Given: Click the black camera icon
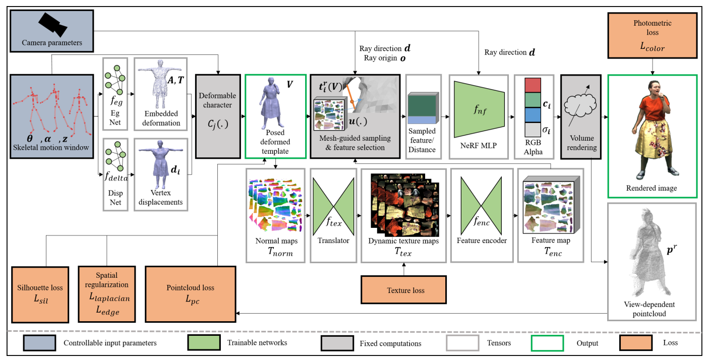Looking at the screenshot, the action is click(x=53, y=24).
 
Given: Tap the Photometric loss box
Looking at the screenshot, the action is click(x=653, y=35).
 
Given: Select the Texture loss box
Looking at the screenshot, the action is click(x=403, y=290).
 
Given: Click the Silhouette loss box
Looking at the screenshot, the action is click(x=40, y=294).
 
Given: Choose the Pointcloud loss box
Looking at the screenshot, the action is click(x=191, y=294).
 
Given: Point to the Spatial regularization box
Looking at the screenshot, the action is click(x=107, y=294).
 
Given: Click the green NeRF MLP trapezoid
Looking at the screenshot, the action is click(x=479, y=109).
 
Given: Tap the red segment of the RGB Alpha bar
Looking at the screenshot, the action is click(x=533, y=85).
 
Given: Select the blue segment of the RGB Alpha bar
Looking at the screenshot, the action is click(x=533, y=115).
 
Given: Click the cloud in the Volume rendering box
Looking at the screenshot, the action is click(x=580, y=106).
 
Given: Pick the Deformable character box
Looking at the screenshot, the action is click(x=218, y=116).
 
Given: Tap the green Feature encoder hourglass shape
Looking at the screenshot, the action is click(x=481, y=206).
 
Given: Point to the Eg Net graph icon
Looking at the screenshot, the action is click(x=115, y=80).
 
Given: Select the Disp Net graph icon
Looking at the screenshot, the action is click(x=115, y=157).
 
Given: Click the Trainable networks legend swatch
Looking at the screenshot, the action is click(x=204, y=343).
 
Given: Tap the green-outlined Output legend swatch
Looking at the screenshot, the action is click(x=547, y=343).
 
